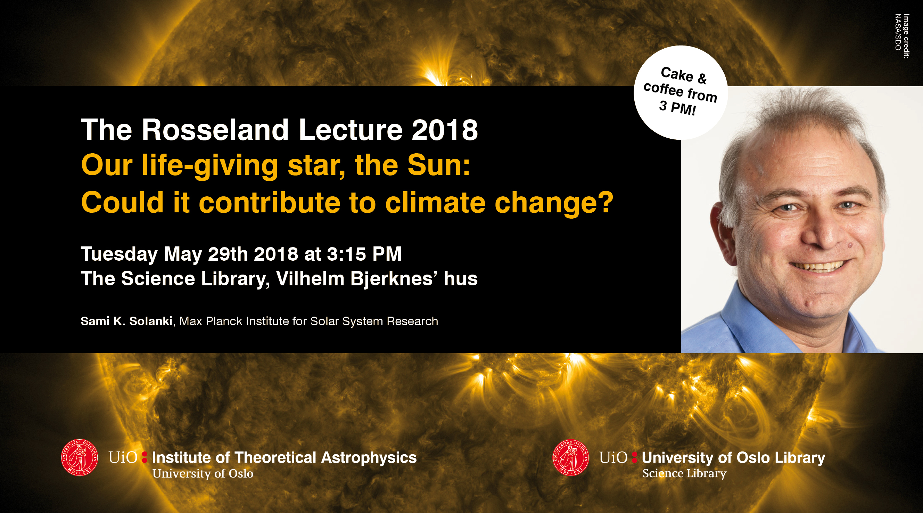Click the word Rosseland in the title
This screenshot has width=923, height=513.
tap(215, 129)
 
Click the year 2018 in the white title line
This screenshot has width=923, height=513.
tap(445, 130)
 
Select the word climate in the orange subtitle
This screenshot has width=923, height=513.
tap(435, 203)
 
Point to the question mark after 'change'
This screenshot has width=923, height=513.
tap(606, 202)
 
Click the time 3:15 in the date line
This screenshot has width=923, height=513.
tap(346, 254)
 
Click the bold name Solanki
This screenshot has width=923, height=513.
tap(151, 321)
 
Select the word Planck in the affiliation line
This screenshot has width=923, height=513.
tap(224, 321)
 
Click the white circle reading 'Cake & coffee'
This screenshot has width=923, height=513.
tap(681, 92)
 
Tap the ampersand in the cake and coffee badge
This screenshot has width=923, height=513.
tap(702, 79)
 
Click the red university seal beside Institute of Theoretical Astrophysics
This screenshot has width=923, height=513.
tap(80, 457)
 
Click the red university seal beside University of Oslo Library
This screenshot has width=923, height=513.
tap(571, 457)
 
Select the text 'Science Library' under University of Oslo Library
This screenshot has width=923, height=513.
tap(684, 474)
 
